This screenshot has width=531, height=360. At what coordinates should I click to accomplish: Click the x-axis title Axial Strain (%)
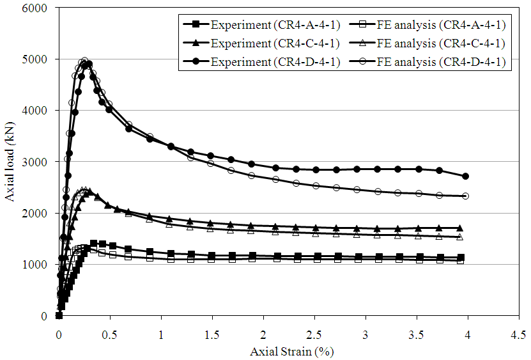point(291,351)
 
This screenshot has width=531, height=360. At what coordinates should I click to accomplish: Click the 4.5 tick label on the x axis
point(518,335)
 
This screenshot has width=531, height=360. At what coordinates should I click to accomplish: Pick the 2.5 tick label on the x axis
point(314,335)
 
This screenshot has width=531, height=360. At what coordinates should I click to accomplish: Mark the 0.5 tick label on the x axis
point(110,335)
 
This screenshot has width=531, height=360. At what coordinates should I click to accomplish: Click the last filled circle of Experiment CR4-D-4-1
point(465,176)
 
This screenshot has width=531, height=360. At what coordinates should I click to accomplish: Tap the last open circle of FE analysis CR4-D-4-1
point(465,196)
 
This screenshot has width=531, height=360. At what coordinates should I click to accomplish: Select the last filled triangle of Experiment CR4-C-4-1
point(459,228)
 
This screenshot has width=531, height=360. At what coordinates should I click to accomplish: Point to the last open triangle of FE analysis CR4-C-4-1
point(459,237)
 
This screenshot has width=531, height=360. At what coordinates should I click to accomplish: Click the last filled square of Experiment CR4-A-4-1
point(461,258)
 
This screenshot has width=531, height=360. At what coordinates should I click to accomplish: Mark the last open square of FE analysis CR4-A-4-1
point(461,260)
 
